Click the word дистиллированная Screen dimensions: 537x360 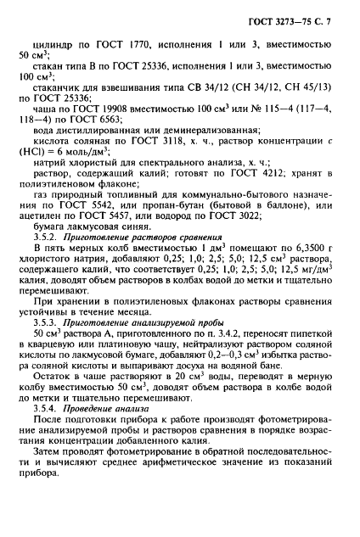(x=119, y=157)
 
